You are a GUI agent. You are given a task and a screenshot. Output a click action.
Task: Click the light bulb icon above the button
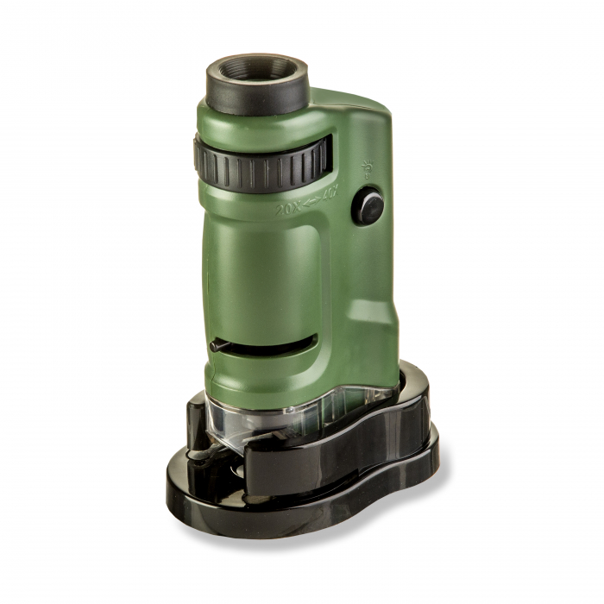[366, 168]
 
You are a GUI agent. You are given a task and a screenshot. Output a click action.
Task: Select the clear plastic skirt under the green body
[259, 423]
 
